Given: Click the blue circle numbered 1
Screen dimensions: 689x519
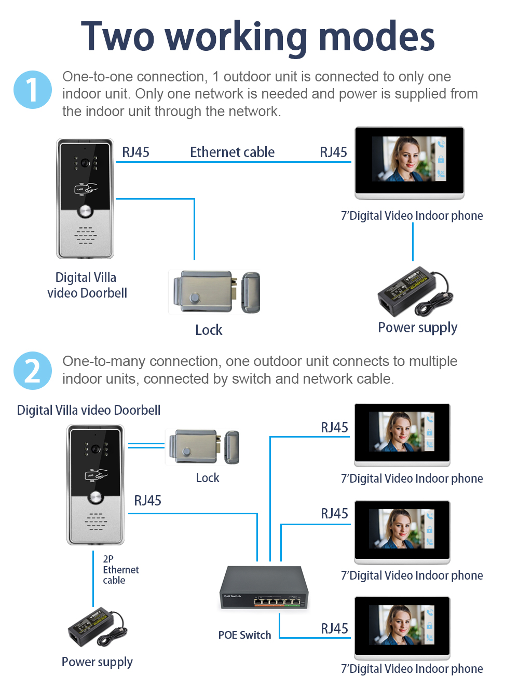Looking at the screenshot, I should [32, 90].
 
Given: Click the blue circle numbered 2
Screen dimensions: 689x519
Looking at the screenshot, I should [32, 371].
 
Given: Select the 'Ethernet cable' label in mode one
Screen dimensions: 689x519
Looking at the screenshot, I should [232, 152].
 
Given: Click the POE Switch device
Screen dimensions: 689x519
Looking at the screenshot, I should [264, 587].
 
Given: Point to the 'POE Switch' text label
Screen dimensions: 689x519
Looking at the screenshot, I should [244, 635].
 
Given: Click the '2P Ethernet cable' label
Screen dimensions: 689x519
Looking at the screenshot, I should [120, 570].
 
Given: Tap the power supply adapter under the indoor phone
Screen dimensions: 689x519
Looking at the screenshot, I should [415, 291].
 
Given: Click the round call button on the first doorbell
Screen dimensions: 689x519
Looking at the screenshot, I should [85, 212].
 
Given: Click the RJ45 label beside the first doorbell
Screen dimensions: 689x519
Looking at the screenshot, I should [135, 152].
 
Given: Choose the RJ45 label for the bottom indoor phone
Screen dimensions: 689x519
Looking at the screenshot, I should [334, 628].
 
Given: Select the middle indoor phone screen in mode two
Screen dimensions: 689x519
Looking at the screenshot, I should [402, 529].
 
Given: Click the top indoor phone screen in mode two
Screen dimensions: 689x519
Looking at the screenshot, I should [402, 431].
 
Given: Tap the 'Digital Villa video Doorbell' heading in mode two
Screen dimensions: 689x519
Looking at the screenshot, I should [89, 410].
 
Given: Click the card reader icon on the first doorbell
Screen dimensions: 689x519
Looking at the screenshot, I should [86, 189].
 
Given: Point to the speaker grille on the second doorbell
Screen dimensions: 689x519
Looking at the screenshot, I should [95, 521].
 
